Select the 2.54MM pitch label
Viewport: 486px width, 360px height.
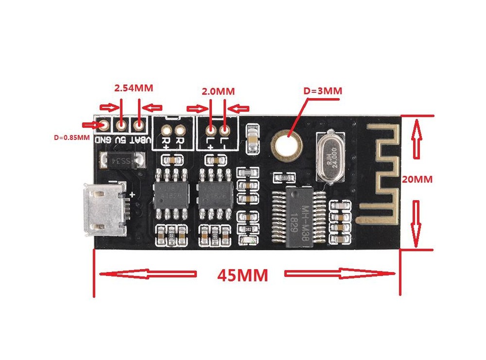[x=133, y=88]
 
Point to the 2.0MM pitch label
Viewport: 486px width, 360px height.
[x=218, y=91]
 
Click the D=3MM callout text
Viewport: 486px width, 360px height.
[x=323, y=91]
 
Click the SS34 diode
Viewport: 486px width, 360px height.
[x=121, y=160]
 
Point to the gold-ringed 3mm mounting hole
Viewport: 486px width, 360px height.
[x=287, y=143]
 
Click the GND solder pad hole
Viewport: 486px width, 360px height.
[x=104, y=125]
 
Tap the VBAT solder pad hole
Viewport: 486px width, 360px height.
[x=139, y=125]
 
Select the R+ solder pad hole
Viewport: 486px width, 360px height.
[x=167, y=130]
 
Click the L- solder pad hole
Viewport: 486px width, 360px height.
[x=225, y=130]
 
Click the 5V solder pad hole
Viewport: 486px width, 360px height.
[x=121, y=125]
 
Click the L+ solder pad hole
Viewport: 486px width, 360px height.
[x=210, y=130]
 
